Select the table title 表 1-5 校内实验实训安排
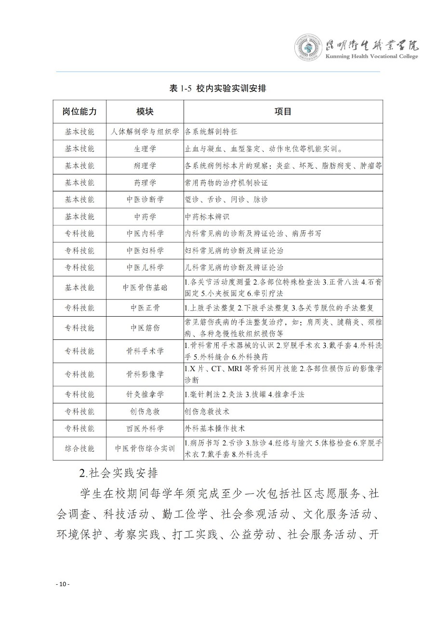click(x=218, y=89)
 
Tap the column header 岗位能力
click(x=80, y=111)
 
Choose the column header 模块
click(x=145, y=111)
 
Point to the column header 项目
click(x=283, y=111)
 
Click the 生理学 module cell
click(x=145, y=148)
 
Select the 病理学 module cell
click(x=145, y=165)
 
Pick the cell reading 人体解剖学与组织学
click(x=145, y=132)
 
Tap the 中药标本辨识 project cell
click(x=208, y=216)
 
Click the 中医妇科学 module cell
click(x=145, y=250)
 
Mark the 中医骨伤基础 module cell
click(x=145, y=287)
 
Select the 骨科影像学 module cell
click(x=145, y=374)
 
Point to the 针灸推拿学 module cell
click(x=145, y=394)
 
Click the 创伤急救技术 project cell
click(x=208, y=411)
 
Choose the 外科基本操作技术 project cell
click(x=215, y=428)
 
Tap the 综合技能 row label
click(x=80, y=448)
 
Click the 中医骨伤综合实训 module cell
click(x=145, y=448)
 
